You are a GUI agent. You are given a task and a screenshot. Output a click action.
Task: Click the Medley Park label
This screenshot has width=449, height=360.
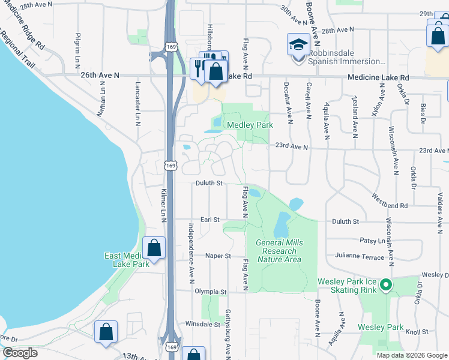[x=250, y=125]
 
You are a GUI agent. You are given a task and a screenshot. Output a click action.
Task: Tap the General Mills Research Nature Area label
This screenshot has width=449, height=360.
[x=279, y=251]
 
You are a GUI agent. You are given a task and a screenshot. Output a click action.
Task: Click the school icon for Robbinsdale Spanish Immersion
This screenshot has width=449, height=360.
[x=298, y=44]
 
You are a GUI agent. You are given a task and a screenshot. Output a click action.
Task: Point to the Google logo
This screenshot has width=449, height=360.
[x=20, y=353]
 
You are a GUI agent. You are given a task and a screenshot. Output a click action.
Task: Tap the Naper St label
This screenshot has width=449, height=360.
[x=218, y=256]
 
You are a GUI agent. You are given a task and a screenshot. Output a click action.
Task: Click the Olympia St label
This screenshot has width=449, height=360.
[x=210, y=292]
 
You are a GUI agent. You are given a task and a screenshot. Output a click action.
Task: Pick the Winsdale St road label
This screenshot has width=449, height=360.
[x=203, y=324]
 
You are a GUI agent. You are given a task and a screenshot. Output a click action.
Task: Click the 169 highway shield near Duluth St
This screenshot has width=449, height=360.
[x=171, y=165]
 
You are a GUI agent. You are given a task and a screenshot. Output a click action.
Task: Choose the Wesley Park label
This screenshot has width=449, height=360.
[x=381, y=327]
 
